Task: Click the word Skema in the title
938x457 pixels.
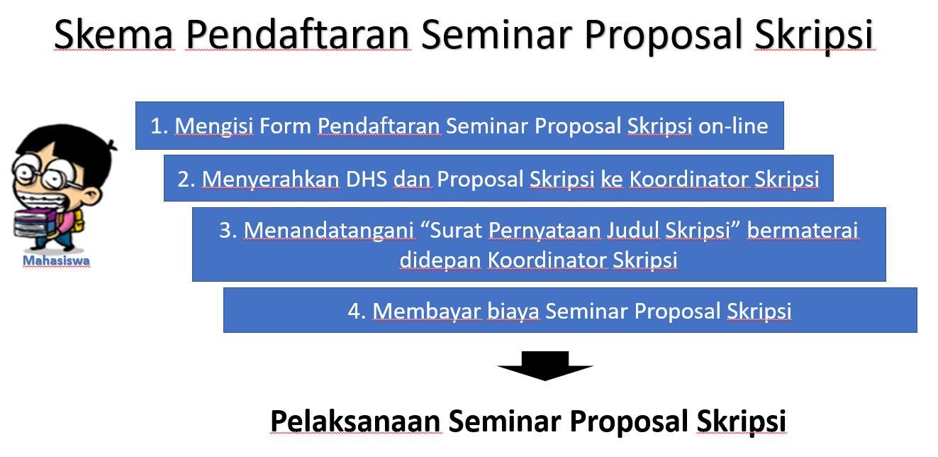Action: click(x=113, y=34)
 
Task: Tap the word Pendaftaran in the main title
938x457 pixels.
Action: click(x=298, y=34)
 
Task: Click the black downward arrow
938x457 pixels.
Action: click(x=545, y=365)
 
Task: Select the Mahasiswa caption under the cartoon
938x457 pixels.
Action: click(x=56, y=260)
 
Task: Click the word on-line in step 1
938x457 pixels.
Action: click(x=733, y=126)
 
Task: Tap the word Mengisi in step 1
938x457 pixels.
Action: click(x=213, y=126)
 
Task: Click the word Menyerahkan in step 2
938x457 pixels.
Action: click(x=271, y=180)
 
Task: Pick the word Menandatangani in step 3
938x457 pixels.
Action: click(x=329, y=231)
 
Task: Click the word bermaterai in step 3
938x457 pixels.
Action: click(x=803, y=230)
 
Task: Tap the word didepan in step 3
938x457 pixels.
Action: click(x=440, y=260)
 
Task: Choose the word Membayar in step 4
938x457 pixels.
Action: click(x=427, y=311)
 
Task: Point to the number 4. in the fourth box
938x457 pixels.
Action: click(x=357, y=311)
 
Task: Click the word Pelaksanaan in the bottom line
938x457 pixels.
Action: click(x=355, y=421)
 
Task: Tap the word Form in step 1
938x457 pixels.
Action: click(x=285, y=126)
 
